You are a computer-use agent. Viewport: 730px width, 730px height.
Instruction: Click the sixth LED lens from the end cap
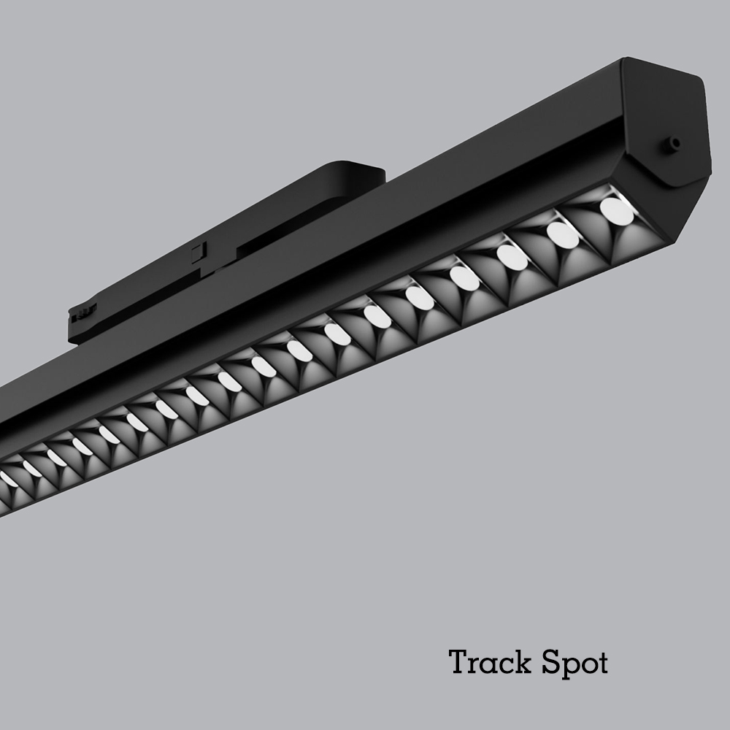pos(377,317)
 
